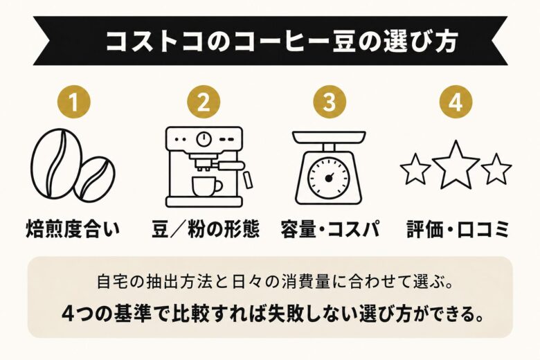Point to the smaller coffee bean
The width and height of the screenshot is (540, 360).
[x=95, y=178]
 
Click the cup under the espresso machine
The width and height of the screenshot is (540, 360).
[x=204, y=186]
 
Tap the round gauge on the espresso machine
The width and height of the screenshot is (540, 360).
[x=204, y=138]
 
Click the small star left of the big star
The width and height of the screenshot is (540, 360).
[x=416, y=169]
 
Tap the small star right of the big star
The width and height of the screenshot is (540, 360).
[x=496, y=169]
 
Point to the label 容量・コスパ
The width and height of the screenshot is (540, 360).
[x=330, y=230]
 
